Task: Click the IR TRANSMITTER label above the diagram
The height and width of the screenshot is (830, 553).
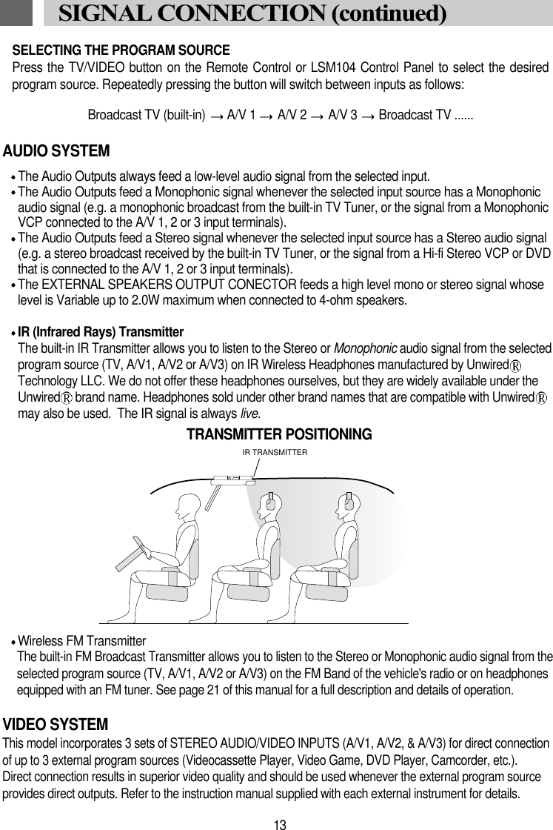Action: click(x=275, y=451)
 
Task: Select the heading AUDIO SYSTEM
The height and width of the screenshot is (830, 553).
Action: click(x=57, y=151)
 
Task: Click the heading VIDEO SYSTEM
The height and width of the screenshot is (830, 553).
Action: click(x=56, y=723)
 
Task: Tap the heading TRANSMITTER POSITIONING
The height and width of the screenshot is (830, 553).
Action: click(x=279, y=434)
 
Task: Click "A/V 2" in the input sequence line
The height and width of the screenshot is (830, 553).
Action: click(x=292, y=116)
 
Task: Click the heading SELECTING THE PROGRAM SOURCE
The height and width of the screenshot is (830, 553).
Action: click(x=121, y=50)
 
